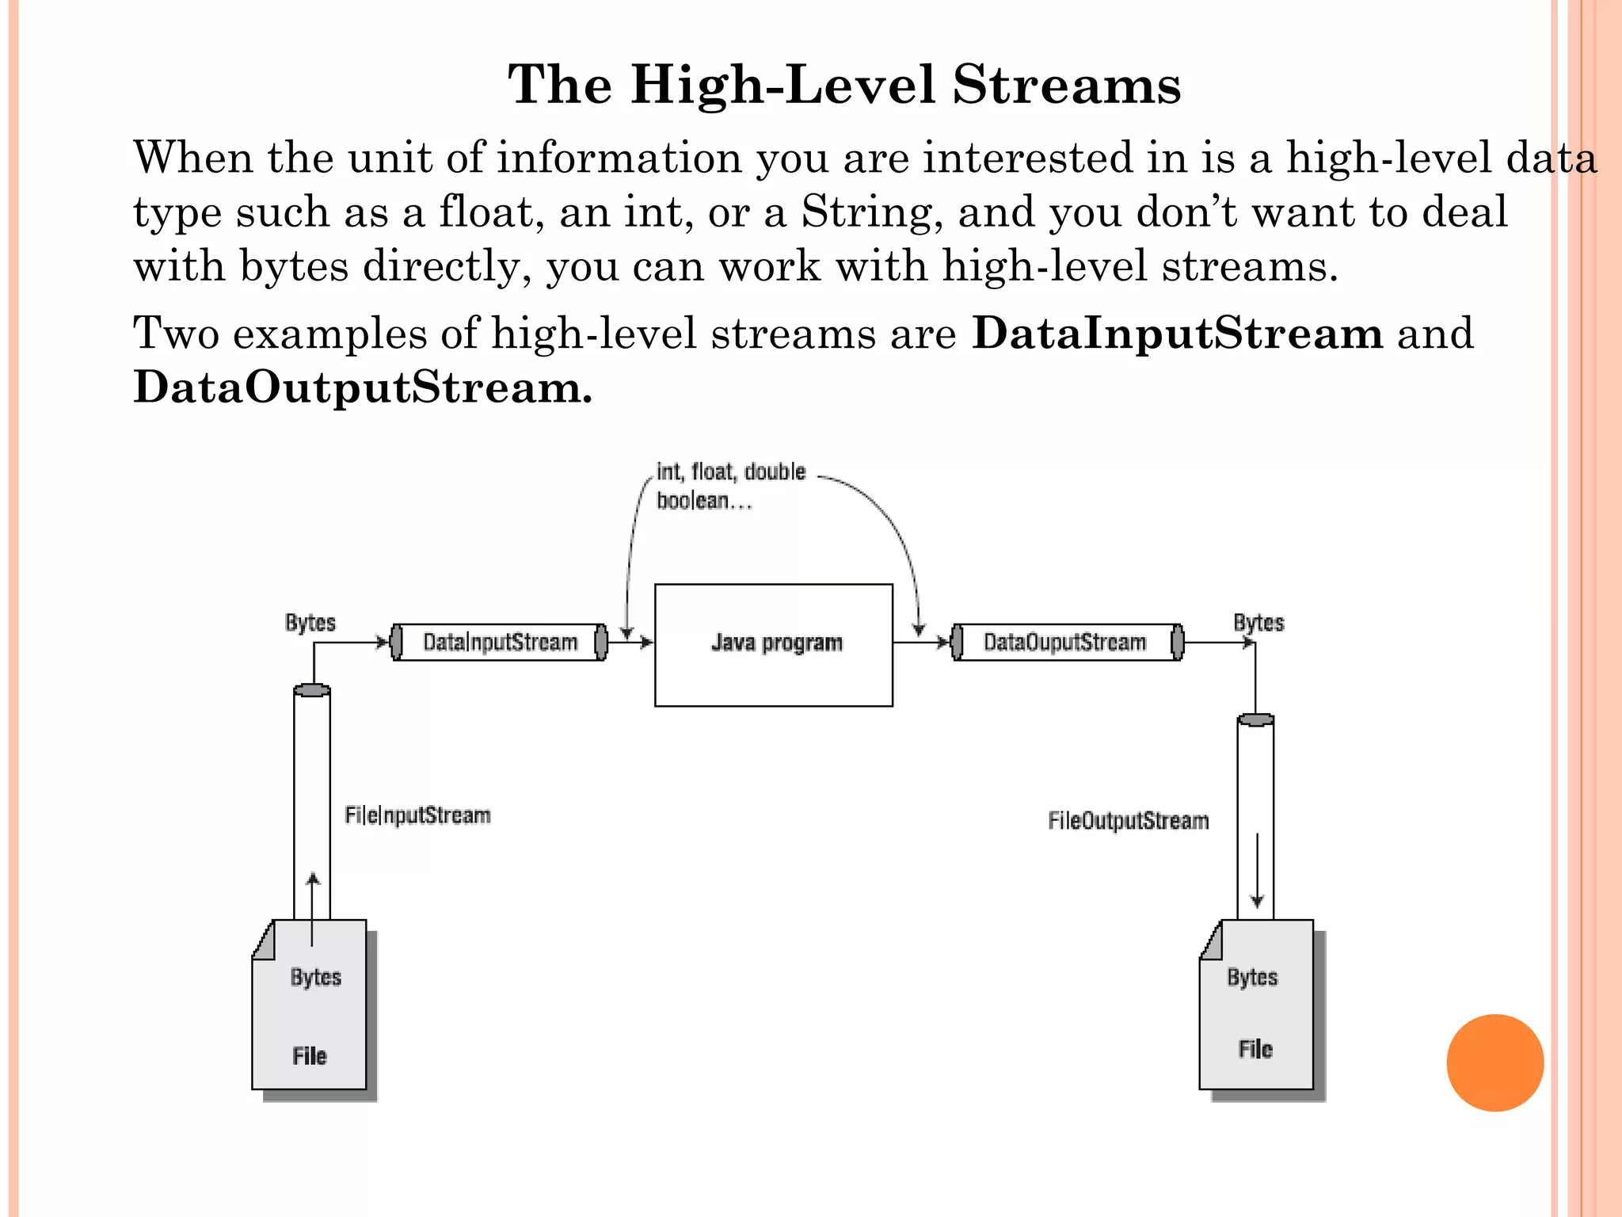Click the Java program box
[774, 645]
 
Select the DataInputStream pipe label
[500, 642]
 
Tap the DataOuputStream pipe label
[1064, 642]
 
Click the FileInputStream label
[417, 815]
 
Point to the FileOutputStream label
[1128, 821]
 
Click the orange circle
[1494, 1062]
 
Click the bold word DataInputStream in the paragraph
[1177, 333]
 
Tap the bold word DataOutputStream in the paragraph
[362, 387]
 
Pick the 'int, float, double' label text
[731, 472]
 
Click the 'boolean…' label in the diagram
[703, 501]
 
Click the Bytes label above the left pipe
[310, 623]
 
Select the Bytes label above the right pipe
[1258, 623]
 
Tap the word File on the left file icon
[309, 1056]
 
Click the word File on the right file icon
[1255, 1049]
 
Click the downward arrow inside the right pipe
[1257, 872]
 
